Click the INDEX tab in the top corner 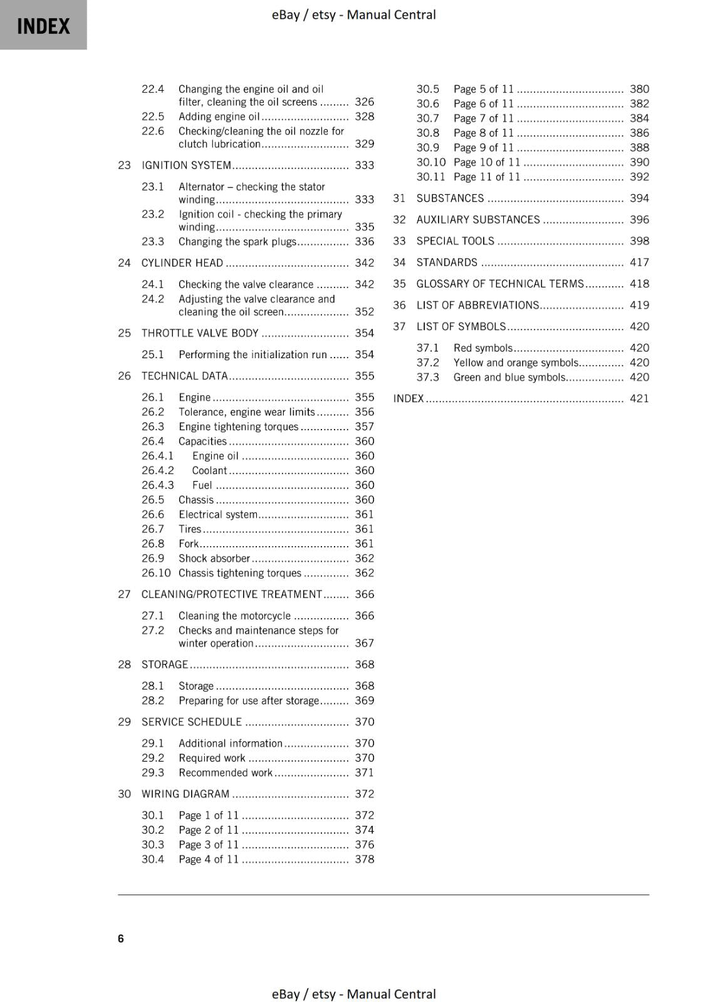[x=43, y=26]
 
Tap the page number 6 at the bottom [x=121, y=938]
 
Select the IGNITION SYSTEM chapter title [x=186, y=165]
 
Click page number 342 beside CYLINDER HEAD [x=364, y=263]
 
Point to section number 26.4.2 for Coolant [x=157, y=470]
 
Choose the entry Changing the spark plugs [x=237, y=242]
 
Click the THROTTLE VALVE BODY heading [x=199, y=333]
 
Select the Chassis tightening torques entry [x=239, y=573]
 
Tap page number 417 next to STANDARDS [x=639, y=262]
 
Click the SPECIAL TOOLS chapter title [x=455, y=241]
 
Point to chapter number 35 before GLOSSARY [x=399, y=284]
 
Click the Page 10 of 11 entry [x=486, y=162]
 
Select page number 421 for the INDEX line [x=639, y=398]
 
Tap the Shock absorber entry [x=214, y=559]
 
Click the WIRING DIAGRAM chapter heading [x=185, y=794]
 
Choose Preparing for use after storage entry [x=249, y=701]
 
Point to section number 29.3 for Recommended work [x=152, y=773]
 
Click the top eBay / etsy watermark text [x=353, y=14]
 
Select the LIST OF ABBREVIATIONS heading [x=477, y=305]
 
